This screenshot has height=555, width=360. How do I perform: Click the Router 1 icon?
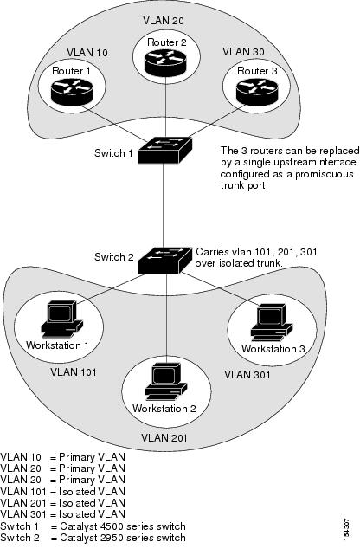[72, 92]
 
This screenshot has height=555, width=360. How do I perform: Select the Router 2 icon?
[165, 62]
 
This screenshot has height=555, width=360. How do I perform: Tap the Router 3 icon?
[257, 92]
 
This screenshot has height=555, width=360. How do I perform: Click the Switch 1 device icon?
[164, 151]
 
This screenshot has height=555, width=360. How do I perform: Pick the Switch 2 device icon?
[164, 260]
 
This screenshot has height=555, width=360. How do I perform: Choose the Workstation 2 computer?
[166, 382]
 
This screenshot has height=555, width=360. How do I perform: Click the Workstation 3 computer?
[272, 322]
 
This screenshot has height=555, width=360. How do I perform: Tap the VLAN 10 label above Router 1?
[87, 53]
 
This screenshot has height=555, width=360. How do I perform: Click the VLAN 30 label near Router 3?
[243, 52]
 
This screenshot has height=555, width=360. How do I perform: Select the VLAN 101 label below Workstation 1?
[74, 372]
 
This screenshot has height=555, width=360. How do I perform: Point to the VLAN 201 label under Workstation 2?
[164, 438]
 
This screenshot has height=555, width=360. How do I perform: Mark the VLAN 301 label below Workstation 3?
[247, 375]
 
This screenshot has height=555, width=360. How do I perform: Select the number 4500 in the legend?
[112, 526]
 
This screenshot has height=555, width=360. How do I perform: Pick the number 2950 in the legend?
[112, 538]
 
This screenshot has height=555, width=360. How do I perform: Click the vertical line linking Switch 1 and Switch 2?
[163, 205]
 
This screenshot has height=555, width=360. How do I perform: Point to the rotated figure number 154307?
[346, 529]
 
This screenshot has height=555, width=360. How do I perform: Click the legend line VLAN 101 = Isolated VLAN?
[62, 492]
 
